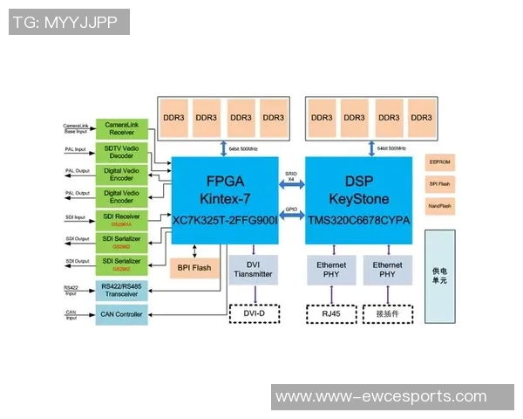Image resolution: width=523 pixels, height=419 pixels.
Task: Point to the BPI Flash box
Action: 194,268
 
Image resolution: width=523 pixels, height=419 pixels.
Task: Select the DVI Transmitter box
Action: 254,270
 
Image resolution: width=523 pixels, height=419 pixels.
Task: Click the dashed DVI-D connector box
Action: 254,312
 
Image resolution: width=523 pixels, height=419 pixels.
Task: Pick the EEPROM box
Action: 439,162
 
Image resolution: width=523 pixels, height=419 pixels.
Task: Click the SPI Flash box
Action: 439,184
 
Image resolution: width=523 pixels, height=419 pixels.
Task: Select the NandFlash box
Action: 439,206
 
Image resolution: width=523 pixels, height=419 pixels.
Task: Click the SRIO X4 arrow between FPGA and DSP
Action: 291,184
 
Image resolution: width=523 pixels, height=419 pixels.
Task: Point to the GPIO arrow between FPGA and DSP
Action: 291,215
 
